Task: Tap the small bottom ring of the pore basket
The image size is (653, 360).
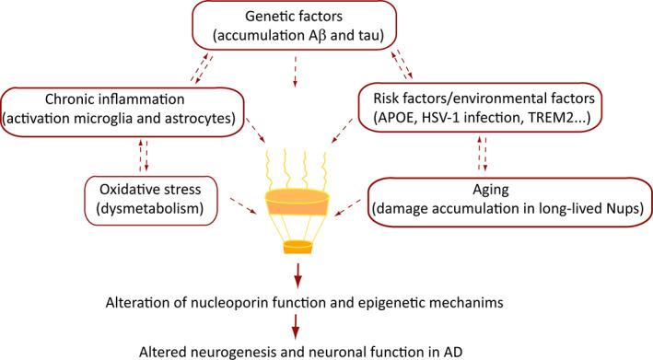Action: tap(296, 246)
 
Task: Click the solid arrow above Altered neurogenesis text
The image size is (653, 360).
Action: tap(297, 323)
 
